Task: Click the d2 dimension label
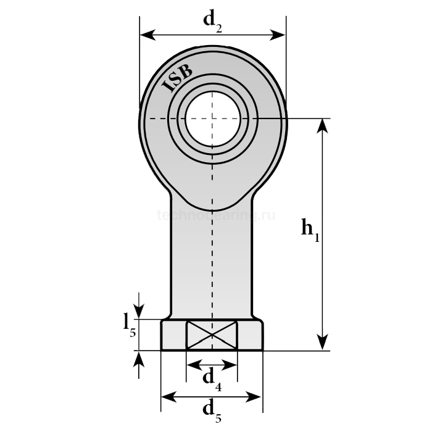(x=213, y=21)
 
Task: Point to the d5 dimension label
(x=212, y=409)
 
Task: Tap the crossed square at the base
(x=212, y=335)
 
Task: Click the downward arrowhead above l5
(x=140, y=312)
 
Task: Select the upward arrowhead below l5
(x=140, y=358)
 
